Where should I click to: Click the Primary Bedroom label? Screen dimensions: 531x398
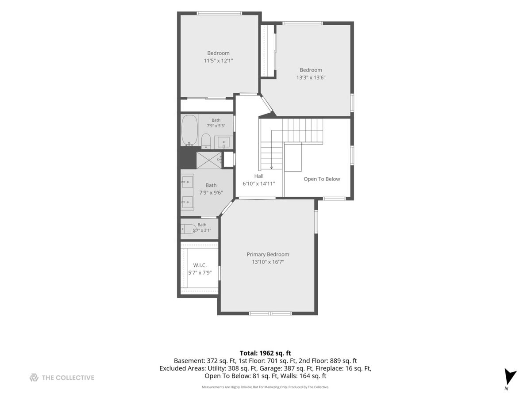point(268,254)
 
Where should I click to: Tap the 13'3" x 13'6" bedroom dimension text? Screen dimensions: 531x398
point(311,77)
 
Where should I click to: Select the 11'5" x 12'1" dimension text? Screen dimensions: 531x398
point(218,61)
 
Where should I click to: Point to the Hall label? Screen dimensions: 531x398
point(258,176)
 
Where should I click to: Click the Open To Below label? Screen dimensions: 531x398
point(322,179)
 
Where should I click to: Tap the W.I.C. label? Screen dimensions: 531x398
point(200,265)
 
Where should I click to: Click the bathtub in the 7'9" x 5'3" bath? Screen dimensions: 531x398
point(189,130)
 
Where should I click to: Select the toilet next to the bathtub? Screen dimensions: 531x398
point(206,141)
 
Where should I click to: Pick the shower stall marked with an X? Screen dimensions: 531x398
point(209,160)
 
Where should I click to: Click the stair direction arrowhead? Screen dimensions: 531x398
point(271,167)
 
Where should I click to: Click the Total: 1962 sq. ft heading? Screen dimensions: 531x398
point(265,353)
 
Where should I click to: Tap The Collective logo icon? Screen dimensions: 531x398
point(34,378)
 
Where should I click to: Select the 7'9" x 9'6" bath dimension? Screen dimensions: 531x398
point(211,193)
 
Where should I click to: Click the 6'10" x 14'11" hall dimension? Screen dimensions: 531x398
point(258,184)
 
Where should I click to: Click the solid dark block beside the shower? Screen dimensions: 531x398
point(187,158)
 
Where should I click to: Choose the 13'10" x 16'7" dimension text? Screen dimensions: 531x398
point(268,262)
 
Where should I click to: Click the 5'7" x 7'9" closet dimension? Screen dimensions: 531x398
point(200,273)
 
